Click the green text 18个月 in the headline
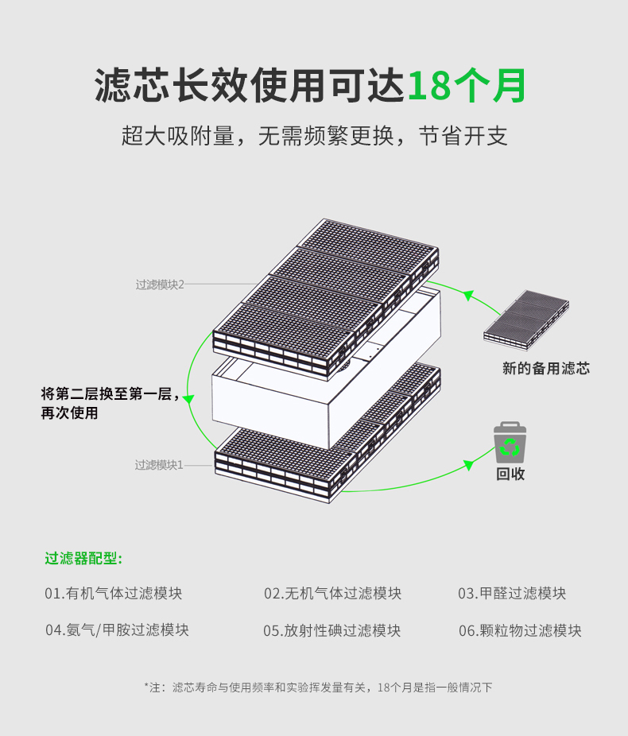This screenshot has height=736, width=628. pyautogui.click(x=467, y=85)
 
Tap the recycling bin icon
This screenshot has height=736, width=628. pyautogui.click(x=510, y=443)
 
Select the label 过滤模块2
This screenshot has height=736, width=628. pyautogui.click(x=160, y=285)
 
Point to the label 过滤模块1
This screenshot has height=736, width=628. pyautogui.click(x=159, y=465)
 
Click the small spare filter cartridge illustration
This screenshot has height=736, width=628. pyautogui.click(x=526, y=320)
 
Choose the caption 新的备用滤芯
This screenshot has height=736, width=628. pyautogui.click(x=546, y=368)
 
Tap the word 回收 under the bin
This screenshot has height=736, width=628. pyautogui.click(x=510, y=474)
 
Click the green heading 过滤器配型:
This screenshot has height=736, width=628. pyautogui.click(x=83, y=558)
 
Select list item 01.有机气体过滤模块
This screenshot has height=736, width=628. pyautogui.click(x=113, y=593)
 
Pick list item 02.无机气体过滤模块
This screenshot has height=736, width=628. pyautogui.click(x=332, y=593)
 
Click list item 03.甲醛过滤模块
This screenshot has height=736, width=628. pyautogui.click(x=512, y=593)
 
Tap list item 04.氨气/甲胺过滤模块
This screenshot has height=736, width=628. pyautogui.click(x=117, y=630)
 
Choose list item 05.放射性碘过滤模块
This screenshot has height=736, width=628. pyautogui.click(x=331, y=630)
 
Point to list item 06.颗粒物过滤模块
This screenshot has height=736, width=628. pyautogui.click(x=520, y=630)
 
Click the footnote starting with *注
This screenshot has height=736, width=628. pyautogui.click(x=318, y=688)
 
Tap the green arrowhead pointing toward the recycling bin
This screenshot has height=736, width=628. pyautogui.click(x=468, y=465)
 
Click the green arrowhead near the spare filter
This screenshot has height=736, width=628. pyautogui.click(x=468, y=296)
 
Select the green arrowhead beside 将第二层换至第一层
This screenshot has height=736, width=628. pyautogui.click(x=188, y=399)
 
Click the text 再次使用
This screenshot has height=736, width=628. pyautogui.click(x=69, y=413)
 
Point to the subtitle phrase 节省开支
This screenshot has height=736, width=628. pyautogui.click(x=463, y=136)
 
